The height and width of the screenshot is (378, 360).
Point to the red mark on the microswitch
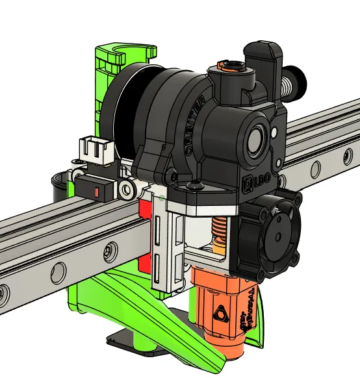tap(97, 192)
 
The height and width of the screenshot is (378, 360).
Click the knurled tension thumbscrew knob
tap(299, 82)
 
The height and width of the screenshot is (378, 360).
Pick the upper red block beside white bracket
tap(146, 212)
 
